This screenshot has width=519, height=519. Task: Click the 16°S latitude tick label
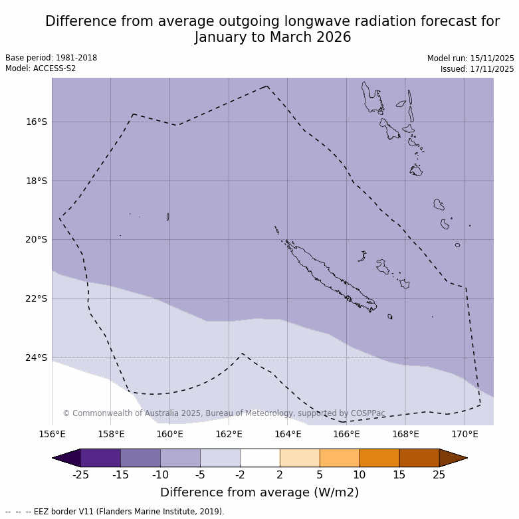coord(37,122)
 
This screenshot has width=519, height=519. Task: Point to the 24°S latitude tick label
coord(37,358)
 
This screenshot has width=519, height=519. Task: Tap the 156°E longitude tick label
coord(52,435)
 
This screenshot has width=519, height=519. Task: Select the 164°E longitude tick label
coord(288,435)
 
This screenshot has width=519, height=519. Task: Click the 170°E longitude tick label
coord(465,435)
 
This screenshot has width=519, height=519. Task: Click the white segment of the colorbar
coord(260,458)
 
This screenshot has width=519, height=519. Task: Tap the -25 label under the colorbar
coord(80,474)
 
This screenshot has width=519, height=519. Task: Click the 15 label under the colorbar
coord(399,474)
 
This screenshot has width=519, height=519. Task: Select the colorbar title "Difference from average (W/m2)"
coord(259,492)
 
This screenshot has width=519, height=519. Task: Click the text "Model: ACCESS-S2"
coord(41,68)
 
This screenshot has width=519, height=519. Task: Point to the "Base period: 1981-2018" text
coord(51,58)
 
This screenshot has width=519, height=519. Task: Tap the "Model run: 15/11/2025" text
coord(470,58)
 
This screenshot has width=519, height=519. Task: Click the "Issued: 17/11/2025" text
coord(477,69)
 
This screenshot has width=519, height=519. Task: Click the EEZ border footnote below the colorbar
coord(115,512)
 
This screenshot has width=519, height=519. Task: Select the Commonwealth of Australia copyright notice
coord(224,413)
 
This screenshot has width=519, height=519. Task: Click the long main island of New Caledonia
coord(329,276)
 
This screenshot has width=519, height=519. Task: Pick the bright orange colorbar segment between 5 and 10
coord(340,458)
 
